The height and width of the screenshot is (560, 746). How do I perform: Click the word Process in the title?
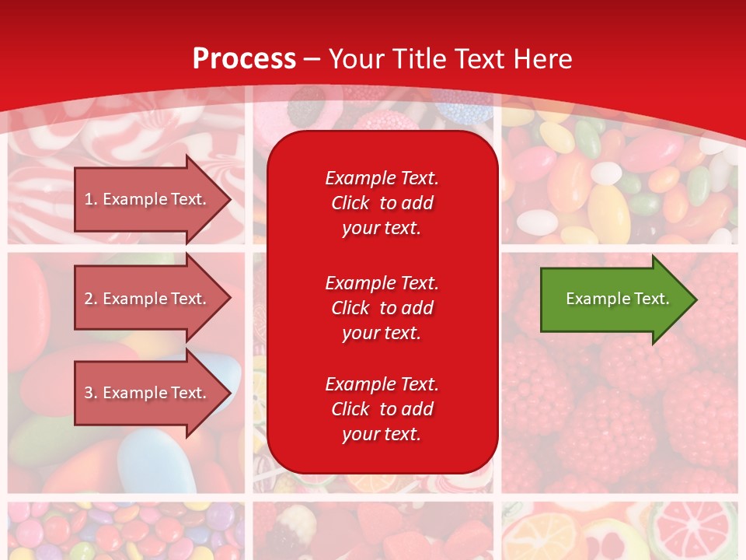point(244,59)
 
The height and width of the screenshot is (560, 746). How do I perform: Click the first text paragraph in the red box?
point(382,203)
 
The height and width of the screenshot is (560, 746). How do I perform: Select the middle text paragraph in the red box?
point(382,308)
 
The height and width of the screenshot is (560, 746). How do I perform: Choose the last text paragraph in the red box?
point(382,409)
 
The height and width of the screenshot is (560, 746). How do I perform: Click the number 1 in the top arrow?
point(89,199)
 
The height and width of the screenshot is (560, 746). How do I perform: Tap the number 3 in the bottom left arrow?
point(89,393)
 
